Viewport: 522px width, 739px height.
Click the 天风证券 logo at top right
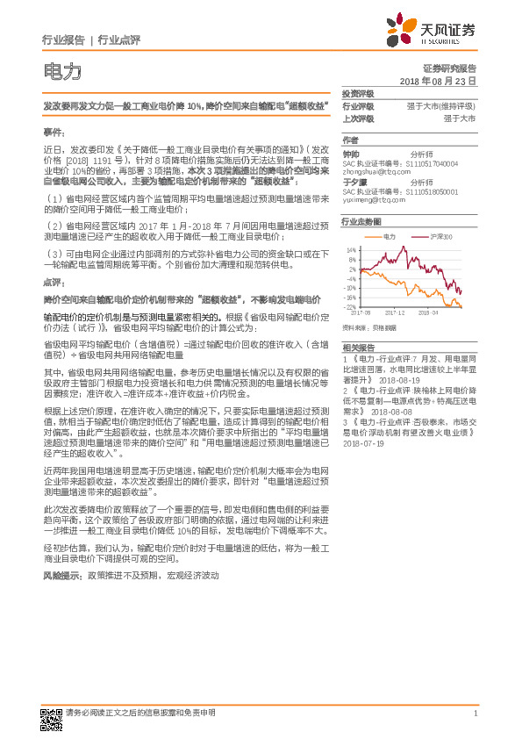coord(437,32)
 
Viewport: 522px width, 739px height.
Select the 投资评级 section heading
coord(358,93)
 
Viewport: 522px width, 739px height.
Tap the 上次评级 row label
coord(358,118)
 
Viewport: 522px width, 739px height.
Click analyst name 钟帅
coord(350,152)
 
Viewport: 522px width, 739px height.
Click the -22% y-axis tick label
coord(351,306)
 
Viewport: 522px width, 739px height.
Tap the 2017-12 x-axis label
coord(398,312)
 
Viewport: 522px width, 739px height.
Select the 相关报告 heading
coord(358,348)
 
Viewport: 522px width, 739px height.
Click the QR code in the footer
coord(53,717)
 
